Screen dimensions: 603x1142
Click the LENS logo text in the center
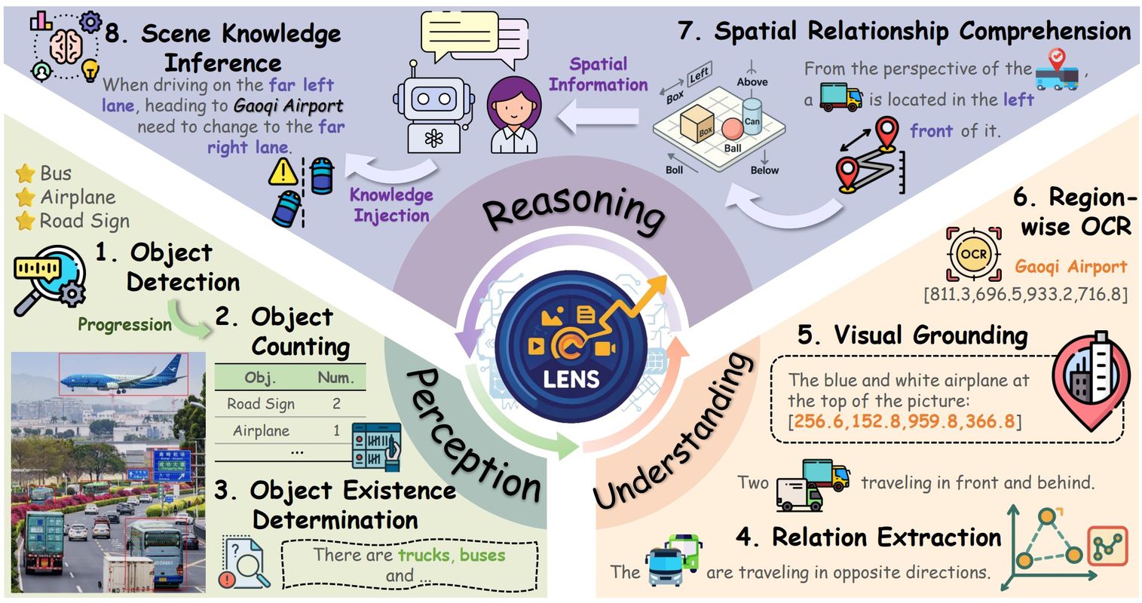(571, 378)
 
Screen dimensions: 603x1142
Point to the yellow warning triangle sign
(283, 172)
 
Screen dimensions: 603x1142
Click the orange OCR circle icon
(973, 255)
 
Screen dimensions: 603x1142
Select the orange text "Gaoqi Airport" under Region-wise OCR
(1070, 266)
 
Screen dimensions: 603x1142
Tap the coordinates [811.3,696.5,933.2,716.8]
(1025, 294)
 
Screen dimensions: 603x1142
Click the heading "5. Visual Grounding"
(912, 335)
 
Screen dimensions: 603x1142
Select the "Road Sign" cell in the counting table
(261, 404)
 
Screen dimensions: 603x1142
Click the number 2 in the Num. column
(336, 404)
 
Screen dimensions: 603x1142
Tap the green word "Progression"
(125, 325)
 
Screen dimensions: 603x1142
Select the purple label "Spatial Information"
(599, 74)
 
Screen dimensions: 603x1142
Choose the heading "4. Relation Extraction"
(868, 537)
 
